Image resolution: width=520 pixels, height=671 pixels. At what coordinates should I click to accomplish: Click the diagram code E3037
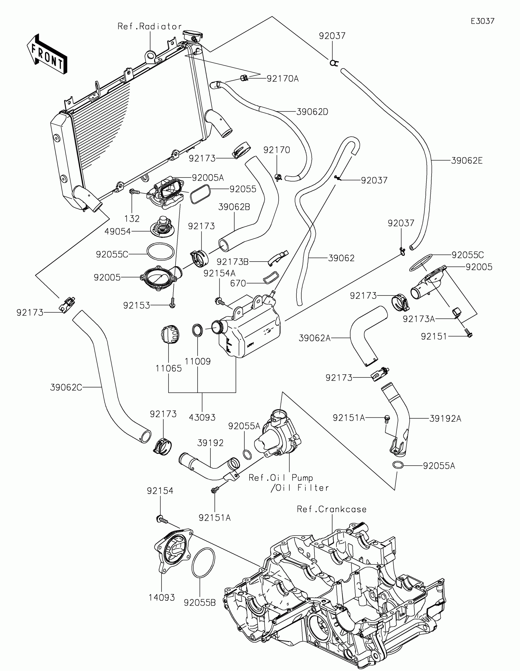(x=482, y=21)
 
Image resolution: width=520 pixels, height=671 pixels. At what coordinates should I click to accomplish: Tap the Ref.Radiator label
(x=150, y=27)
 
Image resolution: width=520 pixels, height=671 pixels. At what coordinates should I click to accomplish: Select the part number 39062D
(x=312, y=112)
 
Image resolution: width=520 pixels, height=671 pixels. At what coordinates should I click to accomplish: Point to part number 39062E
(x=467, y=160)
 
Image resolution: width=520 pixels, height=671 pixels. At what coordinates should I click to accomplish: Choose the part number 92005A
(x=208, y=178)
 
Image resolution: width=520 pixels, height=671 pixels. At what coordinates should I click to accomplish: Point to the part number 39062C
(x=66, y=388)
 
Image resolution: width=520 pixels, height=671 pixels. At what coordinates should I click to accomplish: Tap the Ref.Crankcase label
(x=332, y=509)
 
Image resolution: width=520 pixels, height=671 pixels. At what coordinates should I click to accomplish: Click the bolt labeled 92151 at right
(x=469, y=333)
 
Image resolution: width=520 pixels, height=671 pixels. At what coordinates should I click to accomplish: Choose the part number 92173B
(x=232, y=262)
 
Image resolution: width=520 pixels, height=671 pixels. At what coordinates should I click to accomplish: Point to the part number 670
(x=238, y=283)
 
